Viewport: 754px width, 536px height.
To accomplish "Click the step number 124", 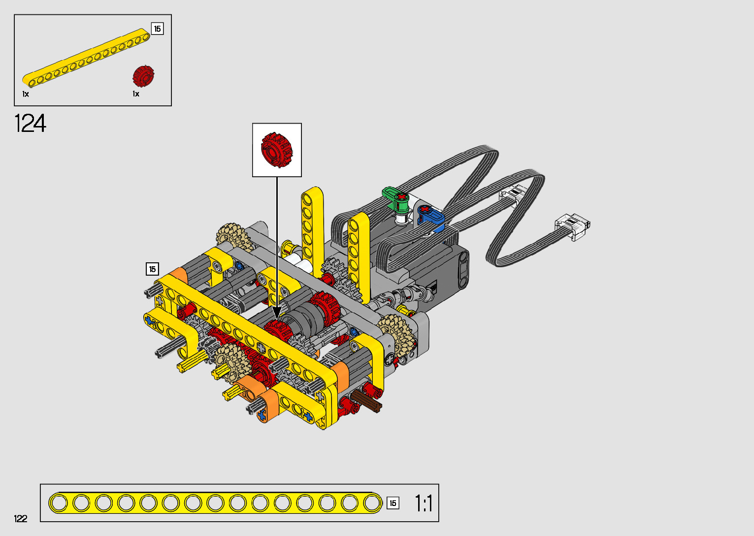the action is [x=30, y=123].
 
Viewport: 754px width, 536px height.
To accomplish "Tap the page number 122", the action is [x=21, y=518].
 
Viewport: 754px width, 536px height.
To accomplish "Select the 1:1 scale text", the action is [x=424, y=503].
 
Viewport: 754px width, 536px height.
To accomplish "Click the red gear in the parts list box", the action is [x=143, y=76].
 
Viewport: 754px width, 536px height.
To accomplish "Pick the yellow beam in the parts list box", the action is [x=86, y=57].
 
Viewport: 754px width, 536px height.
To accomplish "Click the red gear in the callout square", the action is [x=276, y=150].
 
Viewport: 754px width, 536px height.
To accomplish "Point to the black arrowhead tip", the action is [x=277, y=318].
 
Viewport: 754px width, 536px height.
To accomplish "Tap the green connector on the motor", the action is [x=396, y=198].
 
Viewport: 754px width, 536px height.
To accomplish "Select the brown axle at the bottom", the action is [x=366, y=401].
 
